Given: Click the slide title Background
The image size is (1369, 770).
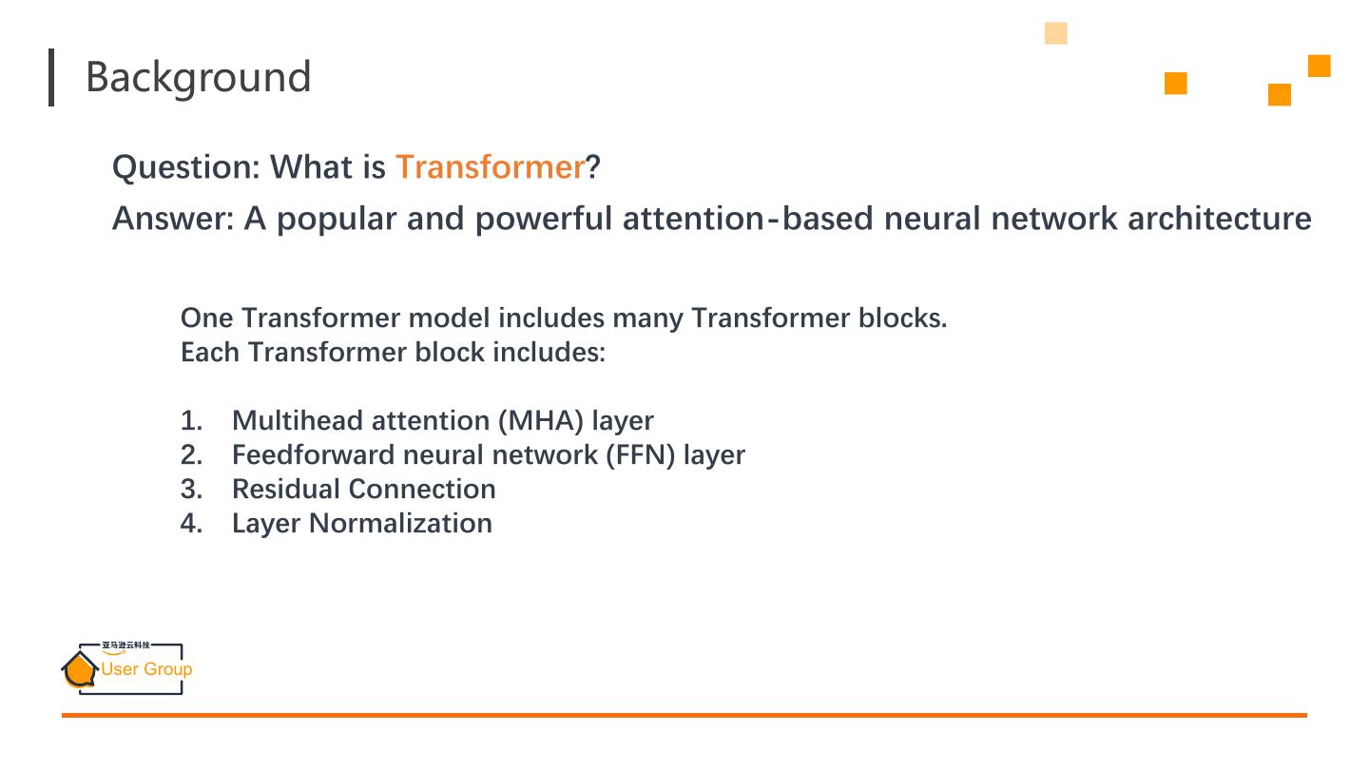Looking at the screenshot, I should [198, 77].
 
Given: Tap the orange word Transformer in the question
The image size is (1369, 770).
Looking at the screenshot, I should [489, 167].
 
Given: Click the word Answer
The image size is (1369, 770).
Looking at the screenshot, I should [171, 219].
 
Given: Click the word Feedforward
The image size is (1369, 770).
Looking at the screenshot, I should [313, 454].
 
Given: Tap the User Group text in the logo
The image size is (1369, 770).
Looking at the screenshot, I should [146, 669].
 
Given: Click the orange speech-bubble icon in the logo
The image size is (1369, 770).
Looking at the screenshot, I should [80, 669].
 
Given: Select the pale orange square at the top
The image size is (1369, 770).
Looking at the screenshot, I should [1055, 33].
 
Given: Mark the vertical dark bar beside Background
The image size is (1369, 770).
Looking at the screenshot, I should [51, 77].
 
